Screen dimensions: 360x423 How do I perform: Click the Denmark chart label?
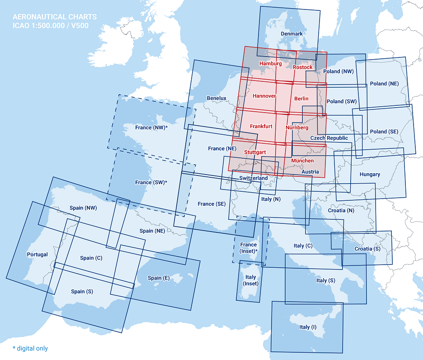(291, 34)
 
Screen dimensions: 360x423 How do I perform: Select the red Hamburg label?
(270, 64)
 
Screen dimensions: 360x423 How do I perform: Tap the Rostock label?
(302, 67)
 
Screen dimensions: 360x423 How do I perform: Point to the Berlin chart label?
(301, 98)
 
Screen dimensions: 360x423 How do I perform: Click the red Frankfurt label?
(261, 126)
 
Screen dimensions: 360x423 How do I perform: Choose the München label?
(302, 161)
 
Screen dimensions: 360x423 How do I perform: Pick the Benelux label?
(216, 98)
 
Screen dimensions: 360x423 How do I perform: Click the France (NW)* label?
(151, 128)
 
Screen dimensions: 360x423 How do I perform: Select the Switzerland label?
(254, 178)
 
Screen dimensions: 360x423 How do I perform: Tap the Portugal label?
(37, 254)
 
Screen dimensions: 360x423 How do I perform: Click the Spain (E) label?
(159, 278)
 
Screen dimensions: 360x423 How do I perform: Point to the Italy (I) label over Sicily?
(311, 327)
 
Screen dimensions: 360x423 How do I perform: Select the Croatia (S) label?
(367, 249)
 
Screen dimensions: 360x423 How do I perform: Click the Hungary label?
(370, 174)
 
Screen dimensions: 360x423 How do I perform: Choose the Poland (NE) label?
(384, 84)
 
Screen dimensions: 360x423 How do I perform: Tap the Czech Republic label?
(329, 138)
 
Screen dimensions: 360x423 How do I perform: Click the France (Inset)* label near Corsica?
(249, 248)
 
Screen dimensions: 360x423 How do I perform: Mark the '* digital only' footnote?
(30, 348)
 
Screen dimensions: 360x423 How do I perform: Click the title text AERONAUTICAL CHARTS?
(55, 17)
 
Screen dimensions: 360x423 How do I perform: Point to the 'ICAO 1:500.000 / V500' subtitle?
(51, 25)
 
